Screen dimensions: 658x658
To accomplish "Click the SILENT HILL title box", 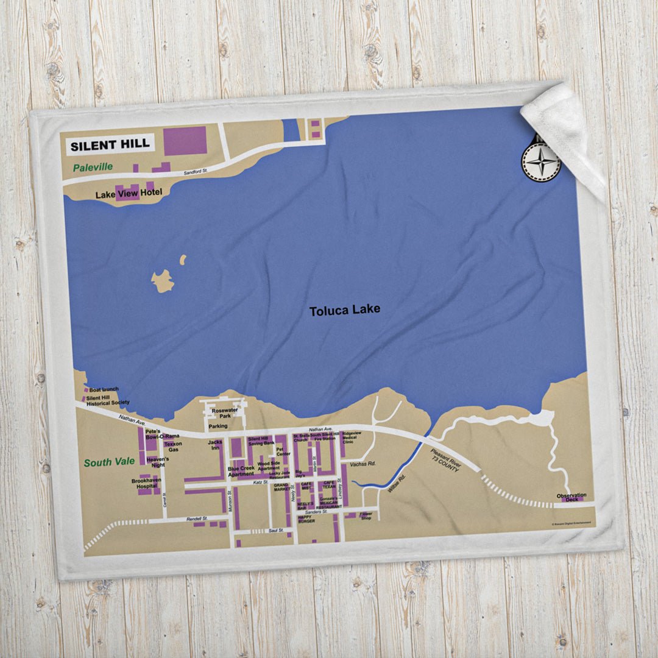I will click(109, 145).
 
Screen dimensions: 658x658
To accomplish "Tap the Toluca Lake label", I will click(344, 310).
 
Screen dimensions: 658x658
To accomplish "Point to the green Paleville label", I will click(93, 167).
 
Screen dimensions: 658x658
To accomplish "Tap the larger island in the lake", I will click(163, 281).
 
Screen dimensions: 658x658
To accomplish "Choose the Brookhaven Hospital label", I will click(146, 484).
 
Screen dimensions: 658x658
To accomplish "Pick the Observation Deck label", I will click(571, 497).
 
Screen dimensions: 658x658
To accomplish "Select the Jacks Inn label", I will click(215, 445).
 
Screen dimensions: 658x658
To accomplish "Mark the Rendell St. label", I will click(197, 518).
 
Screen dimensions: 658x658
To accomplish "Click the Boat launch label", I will click(104, 389).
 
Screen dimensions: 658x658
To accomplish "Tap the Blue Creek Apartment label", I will click(241, 471).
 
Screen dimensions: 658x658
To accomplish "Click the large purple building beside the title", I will click(185, 141).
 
